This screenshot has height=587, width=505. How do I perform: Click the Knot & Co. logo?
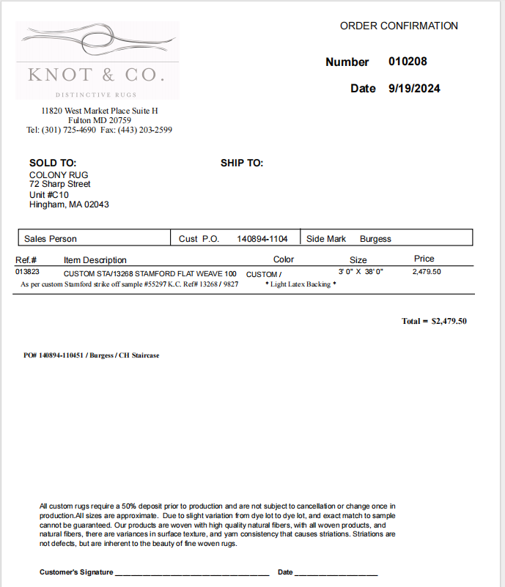tap(97, 60)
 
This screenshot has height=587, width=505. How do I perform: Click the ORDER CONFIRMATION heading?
tap(399, 26)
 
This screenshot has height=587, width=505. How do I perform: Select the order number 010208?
tap(408, 62)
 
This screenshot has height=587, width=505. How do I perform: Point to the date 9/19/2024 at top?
tap(414, 89)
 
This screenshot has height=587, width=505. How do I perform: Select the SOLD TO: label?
tap(53, 163)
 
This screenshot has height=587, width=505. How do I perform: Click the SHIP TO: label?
tap(242, 163)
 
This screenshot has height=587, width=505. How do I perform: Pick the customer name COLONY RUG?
tap(59, 175)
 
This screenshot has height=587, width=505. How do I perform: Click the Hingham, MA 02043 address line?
tap(69, 204)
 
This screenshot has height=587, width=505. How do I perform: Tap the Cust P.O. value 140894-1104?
tap(262, 239)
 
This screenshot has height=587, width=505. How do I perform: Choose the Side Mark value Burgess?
tap(375, 239)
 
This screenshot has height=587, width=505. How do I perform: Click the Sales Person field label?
tap(51, 239)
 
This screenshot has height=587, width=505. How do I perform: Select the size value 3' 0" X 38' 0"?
tap(361, 272)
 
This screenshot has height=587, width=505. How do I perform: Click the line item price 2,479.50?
tap(427, 272)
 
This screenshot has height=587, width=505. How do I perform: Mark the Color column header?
tap(284, 259)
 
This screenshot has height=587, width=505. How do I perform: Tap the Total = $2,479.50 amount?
tap(434, 321)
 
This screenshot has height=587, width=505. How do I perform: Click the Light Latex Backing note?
tap(301, 284)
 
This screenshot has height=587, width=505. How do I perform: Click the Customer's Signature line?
tap(192, 572)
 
